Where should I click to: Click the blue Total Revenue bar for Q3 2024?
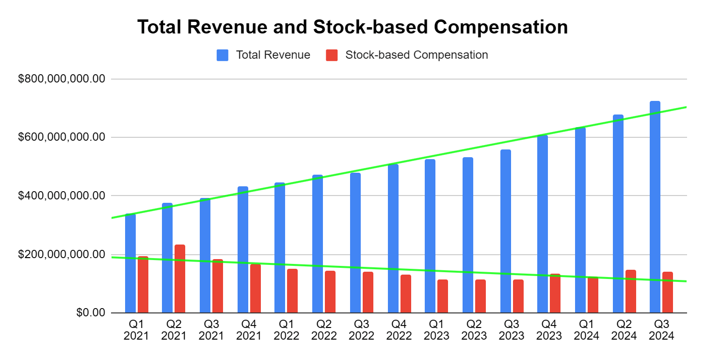(655, 209)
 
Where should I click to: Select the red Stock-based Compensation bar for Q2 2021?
(180, 279)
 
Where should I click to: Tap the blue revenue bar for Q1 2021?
(130, 264)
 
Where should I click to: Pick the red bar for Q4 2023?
(555, 294)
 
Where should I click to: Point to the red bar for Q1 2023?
(443, 296)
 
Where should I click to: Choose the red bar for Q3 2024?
(668, 293)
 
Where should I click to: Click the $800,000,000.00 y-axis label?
(62, 79)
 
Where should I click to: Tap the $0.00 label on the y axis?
(91, 313)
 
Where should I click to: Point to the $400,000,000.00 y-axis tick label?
(62, 196)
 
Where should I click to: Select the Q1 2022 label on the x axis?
(287, 329)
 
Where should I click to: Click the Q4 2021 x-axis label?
(249, 329)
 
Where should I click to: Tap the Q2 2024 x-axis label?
(624, 329)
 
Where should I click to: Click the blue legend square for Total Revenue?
(223, 55)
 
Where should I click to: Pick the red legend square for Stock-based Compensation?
(332, 55)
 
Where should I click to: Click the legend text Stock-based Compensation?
(417, 55)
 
